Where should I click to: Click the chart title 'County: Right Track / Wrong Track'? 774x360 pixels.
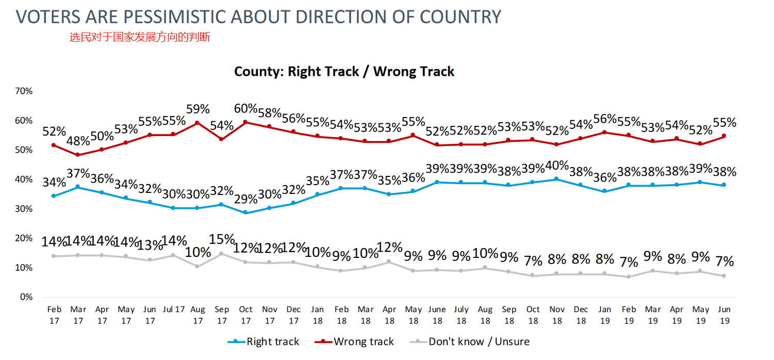(x=344, y=71)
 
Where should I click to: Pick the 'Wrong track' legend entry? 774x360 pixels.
(x=364, y=341)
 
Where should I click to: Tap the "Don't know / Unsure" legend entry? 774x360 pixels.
(x=479, y=341)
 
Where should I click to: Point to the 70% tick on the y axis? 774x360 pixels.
(x=24, y=91)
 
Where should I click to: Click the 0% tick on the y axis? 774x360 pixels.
(x=26, y=297)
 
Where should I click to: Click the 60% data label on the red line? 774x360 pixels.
(x=245, y=109)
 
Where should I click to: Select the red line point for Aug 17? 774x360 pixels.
(x=197, y=123)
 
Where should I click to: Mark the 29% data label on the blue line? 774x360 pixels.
(x=245, y=199)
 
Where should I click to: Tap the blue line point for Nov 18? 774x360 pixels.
(x=557, y=179)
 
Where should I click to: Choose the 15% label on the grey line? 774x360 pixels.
(x=222, y=240)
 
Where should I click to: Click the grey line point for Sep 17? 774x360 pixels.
(x=221, y=253)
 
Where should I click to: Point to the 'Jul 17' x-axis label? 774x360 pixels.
(x=174, y=309)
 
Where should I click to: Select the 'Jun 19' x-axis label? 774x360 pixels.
(x=724, y=314)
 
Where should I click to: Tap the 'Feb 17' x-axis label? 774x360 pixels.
(x=54, y=314)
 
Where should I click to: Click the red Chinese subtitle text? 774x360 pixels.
(x=140, y=37)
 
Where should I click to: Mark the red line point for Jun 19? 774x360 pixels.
(x=724, y=136)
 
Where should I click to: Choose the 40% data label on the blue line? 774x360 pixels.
(x=557, y=166)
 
